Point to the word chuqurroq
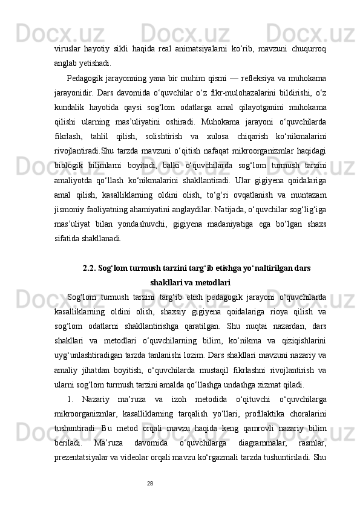(309, 47)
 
